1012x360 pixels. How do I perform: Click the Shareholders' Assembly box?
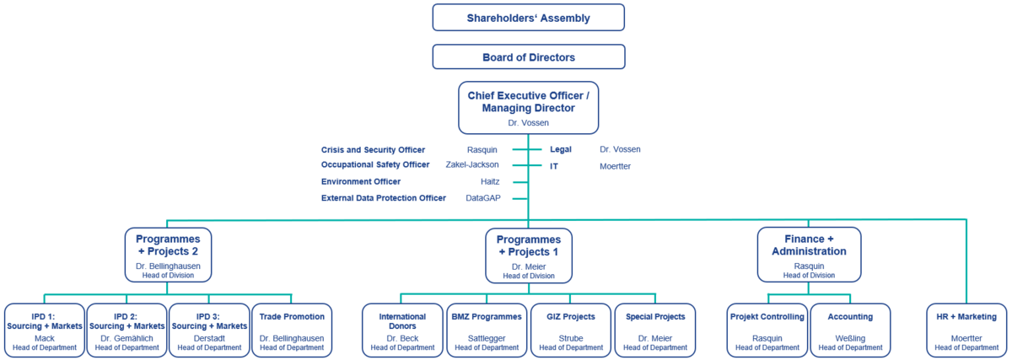pos(528,18)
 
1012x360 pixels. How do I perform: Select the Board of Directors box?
pos(528,57)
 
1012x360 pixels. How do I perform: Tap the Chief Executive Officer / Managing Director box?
pos(528,107)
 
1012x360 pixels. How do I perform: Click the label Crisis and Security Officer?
pos(373,150)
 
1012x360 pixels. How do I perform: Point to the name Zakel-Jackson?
pos(472,165)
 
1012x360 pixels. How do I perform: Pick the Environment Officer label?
pos(361,181)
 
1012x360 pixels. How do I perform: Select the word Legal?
pos(561,150)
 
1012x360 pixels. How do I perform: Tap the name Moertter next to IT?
pos(615,166)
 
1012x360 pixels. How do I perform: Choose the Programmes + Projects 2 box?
pos(168,254)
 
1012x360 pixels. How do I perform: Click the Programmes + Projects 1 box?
pos(528,254)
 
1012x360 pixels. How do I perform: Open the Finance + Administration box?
pos(809,254)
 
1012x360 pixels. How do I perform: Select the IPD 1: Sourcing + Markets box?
pos(44,330)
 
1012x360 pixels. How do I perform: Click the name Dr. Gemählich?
pos(126,338)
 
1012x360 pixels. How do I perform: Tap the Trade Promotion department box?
pos(292,330)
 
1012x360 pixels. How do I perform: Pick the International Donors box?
pos(402,330)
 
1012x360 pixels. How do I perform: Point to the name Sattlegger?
pos(486,338)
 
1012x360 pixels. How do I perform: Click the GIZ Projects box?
pos(570,330)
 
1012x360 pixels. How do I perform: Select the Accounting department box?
pos(849,330)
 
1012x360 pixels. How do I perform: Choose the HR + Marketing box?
pos(966,330)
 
